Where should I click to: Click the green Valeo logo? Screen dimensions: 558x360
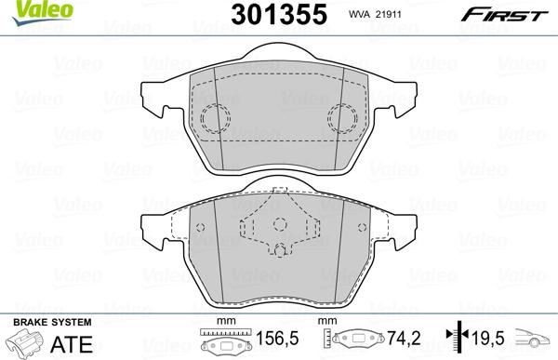point(42,12)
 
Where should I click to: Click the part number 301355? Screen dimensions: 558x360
point(279,14)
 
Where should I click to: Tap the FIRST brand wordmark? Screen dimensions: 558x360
point(504,16)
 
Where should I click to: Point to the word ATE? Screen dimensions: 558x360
point(72,344)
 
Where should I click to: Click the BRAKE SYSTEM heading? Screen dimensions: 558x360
point(52,322)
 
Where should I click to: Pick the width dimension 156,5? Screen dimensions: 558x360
point(277,339)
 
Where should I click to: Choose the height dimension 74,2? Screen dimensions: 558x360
point(404,338)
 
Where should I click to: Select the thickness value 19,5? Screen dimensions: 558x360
point(488,338)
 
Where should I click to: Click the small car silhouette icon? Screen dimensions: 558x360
point(532,339)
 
